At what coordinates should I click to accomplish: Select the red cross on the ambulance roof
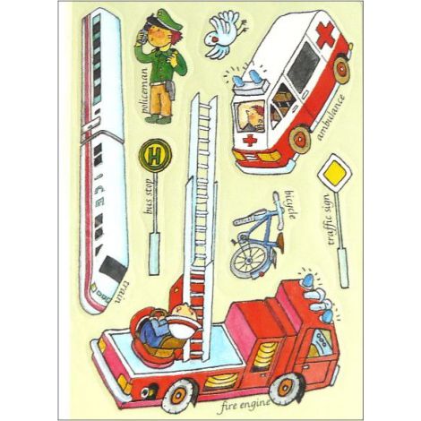tap(327, 35)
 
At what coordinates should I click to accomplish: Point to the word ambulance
tap(331, 117)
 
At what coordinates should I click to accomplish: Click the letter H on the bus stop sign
tap(154, 156)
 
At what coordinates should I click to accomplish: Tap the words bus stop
tap(150, 195)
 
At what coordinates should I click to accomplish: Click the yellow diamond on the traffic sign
tap(334, 174)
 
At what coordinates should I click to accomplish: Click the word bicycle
tap(290, 204)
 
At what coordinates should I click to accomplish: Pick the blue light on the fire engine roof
tap(311, 279)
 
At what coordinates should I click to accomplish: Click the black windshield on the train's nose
tap(113, 270)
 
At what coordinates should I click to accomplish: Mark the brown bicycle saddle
tap(280, 239)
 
